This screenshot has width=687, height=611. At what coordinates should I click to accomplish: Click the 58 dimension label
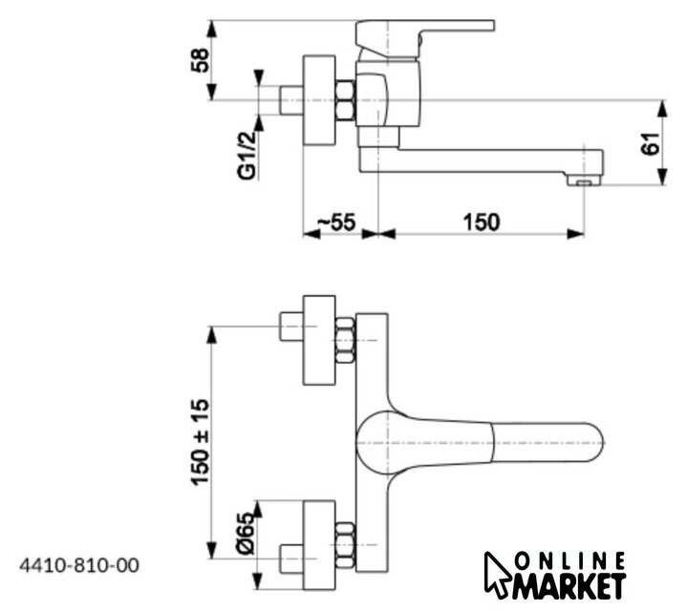[x=200, y=59]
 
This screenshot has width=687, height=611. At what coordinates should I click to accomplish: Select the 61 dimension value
[x=651, y=145]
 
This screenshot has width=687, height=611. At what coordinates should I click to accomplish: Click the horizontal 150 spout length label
[x=481, y=221]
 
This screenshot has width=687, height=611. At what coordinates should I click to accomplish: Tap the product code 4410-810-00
[x=79, y=565]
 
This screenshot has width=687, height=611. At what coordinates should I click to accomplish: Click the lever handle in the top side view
[x=425, y=32]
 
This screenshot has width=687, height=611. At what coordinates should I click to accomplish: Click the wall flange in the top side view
[x=319, y=99]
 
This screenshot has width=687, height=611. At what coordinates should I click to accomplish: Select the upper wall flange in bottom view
[x=319, y=339]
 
